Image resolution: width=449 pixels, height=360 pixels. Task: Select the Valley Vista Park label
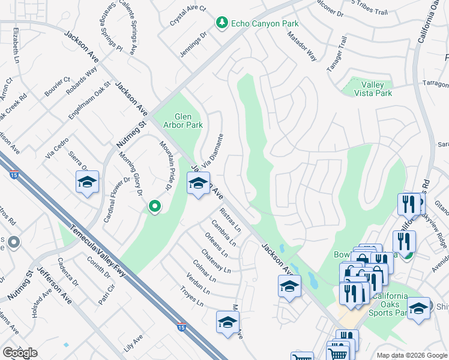pos(368,89)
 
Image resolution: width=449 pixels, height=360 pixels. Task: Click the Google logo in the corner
pos(20,353)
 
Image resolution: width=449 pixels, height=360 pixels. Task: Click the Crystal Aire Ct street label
pos(187,17)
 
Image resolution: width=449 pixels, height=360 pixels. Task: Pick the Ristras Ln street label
pos(230,220)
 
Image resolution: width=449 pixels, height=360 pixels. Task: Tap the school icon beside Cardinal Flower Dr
pos(87,182)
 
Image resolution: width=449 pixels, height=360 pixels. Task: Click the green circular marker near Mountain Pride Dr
pos(155,207)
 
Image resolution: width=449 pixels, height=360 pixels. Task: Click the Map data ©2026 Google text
pos(411,355)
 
